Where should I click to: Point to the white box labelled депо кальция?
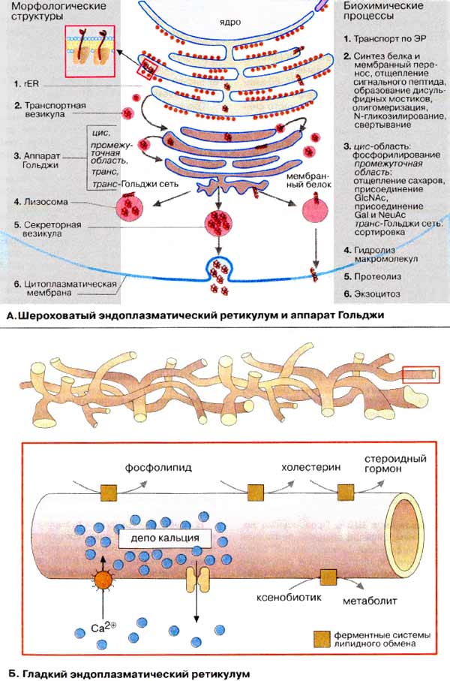point(159,538)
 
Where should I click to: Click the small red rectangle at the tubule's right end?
point(418,372)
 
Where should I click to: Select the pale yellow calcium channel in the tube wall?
point(199,579)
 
